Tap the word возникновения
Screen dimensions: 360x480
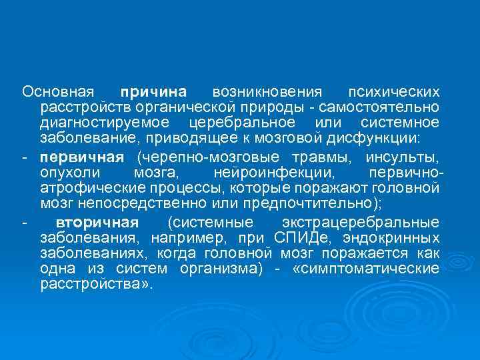pyautogui.click(x=267, y=91)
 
